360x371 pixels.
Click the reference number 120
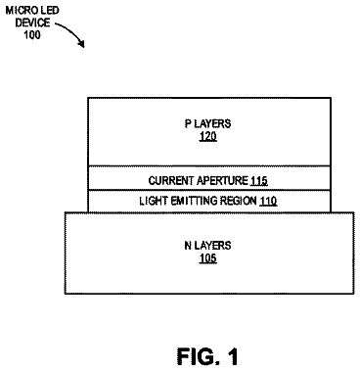pos(207,136)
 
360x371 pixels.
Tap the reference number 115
pos(259,181)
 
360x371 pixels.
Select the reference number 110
pos(268,201)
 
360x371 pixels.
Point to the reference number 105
pos(207,258)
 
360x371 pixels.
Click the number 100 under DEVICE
pos(32,34)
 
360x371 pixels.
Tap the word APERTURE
pos(222,180)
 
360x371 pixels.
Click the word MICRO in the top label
pos(19,11)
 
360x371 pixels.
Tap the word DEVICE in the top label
pos(32,23)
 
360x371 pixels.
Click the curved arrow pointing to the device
pos(72,30)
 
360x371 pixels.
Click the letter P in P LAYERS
pos(188,123)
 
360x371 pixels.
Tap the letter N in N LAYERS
pos(188,246)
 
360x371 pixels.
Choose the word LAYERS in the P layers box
pos(212,123)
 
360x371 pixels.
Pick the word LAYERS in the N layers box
pos(212,246)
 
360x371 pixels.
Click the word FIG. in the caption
pos(197,356)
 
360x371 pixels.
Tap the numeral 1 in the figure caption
pos(232,356)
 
